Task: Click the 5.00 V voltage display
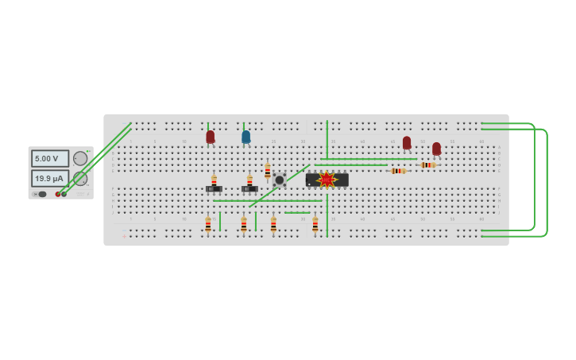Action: coord(49,159)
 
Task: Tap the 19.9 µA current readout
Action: coord(49,178)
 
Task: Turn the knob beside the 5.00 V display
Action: coord(80,158)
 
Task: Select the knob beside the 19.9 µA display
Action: coord(80,178)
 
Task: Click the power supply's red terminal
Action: coord(58,194)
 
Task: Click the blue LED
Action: coord(245,137)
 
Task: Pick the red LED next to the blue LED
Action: coord(211,137)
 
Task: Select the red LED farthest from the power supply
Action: coord(436,149)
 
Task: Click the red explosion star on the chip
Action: coord(327,180)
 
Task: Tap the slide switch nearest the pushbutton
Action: coord(249,189)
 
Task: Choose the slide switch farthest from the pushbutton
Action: coord(214,189)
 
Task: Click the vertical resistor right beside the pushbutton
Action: coord(268,171)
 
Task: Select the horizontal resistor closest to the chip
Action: coord(398,171)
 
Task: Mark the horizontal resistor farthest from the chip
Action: coord(428,165)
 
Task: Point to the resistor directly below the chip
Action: coord(315,224)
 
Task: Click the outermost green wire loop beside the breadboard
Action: coord(547,183)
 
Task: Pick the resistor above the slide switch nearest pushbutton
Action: coord(249,180)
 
